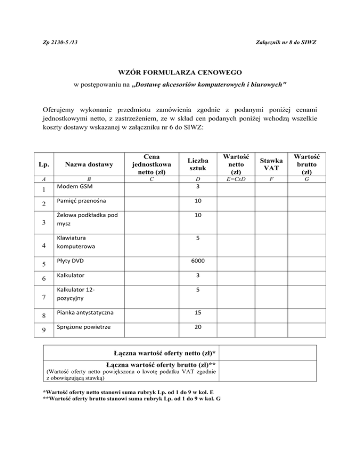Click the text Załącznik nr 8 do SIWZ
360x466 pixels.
coord(289,43)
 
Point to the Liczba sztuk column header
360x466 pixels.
coord(198,164)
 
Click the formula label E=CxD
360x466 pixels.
coord(236,179)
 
